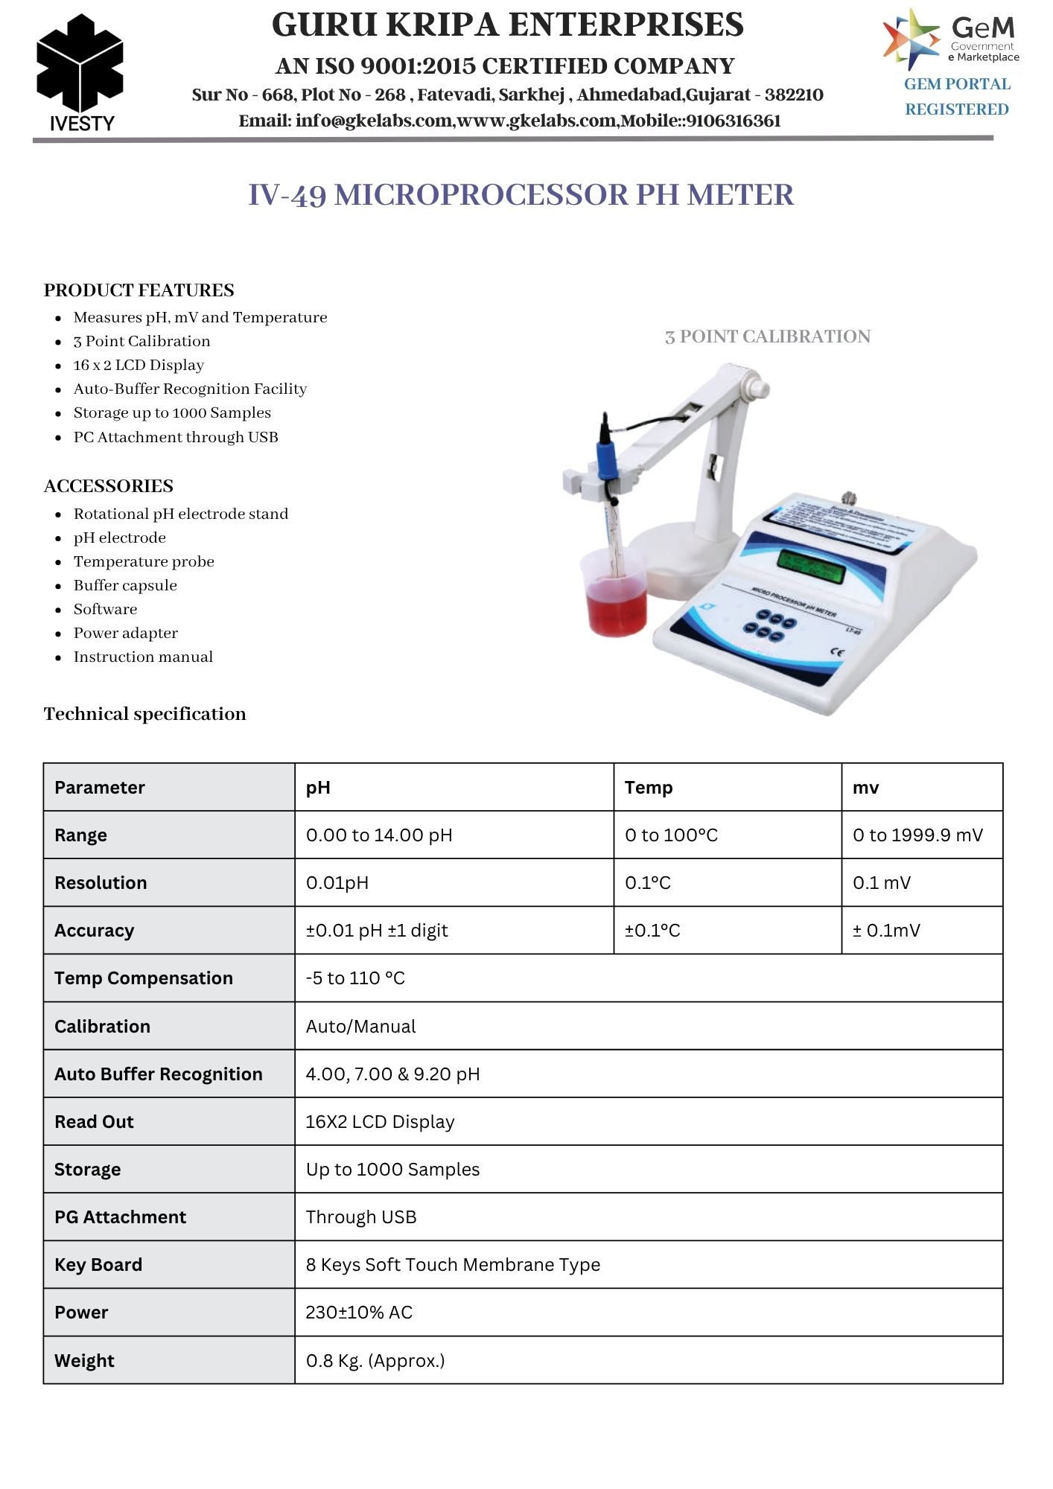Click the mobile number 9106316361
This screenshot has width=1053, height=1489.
tap(734, 121)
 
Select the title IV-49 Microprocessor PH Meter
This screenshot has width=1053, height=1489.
tap(521, 195)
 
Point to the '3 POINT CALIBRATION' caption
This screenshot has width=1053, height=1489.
tap(767, 337)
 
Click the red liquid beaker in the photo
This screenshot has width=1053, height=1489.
tap(616, 596)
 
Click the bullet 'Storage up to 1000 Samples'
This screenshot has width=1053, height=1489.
tap(172, 412)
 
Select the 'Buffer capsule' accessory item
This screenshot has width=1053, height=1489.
tap(125, 585)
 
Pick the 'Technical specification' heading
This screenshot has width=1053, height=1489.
tap(144, 714)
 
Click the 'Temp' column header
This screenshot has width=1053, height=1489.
tap(649, 788)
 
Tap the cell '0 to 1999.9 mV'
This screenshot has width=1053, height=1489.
tap(917, 835)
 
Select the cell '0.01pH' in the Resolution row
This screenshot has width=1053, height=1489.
tap(337, 883)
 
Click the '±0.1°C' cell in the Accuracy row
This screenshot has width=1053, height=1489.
tap(652, 931)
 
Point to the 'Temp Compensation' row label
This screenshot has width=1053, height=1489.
tap(144, 978)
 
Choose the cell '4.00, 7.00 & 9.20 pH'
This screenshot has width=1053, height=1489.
tap(392, 1074)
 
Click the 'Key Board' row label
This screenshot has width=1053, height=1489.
tap(98, 1265)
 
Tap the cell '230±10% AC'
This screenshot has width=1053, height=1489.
tap(359, 1313)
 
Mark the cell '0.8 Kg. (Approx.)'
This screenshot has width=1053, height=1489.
tap(375, 1361)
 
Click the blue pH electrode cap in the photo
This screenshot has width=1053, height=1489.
tap(605, 454)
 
